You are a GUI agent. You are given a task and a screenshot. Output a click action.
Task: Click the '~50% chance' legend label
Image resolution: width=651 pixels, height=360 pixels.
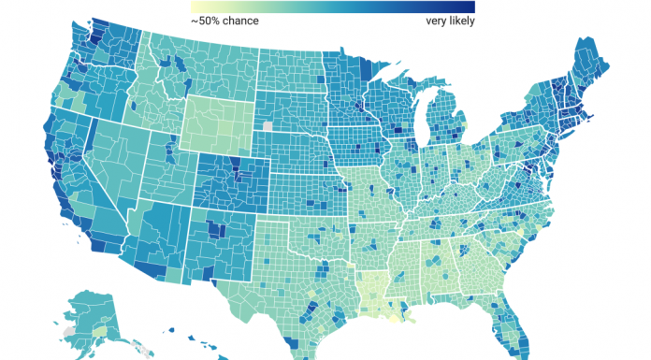225,20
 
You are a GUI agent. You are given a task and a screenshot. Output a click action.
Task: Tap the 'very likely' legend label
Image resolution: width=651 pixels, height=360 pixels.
443,20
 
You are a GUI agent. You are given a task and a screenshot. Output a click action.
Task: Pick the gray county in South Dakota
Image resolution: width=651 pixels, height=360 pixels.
269,126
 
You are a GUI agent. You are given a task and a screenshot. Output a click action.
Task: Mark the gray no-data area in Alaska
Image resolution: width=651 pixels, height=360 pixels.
66,331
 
